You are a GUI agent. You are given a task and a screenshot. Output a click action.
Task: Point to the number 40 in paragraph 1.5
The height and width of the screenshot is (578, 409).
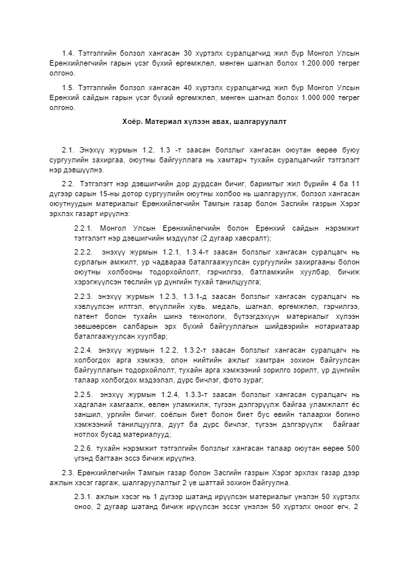click(x=188, y=87)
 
